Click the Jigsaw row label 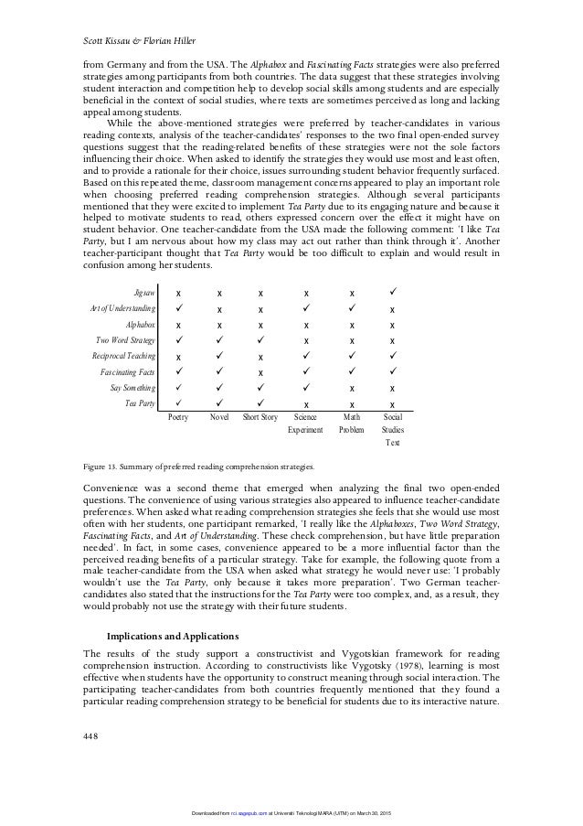click(x=143, y=292)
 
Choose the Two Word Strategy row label click(x=126, y=339)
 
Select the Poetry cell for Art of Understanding click(x=178, y=308)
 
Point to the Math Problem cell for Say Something click(x=351, y=388)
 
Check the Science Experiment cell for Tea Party click(x=305, y=403)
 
